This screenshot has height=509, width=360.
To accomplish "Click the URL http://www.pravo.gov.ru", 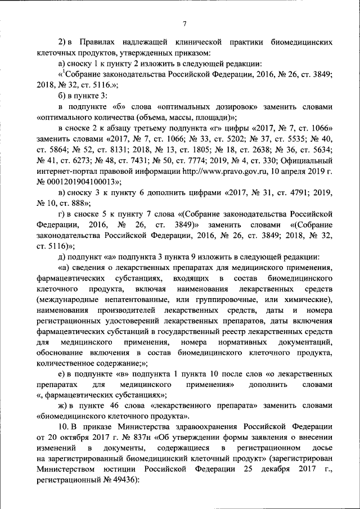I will click(x=206, y=171).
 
